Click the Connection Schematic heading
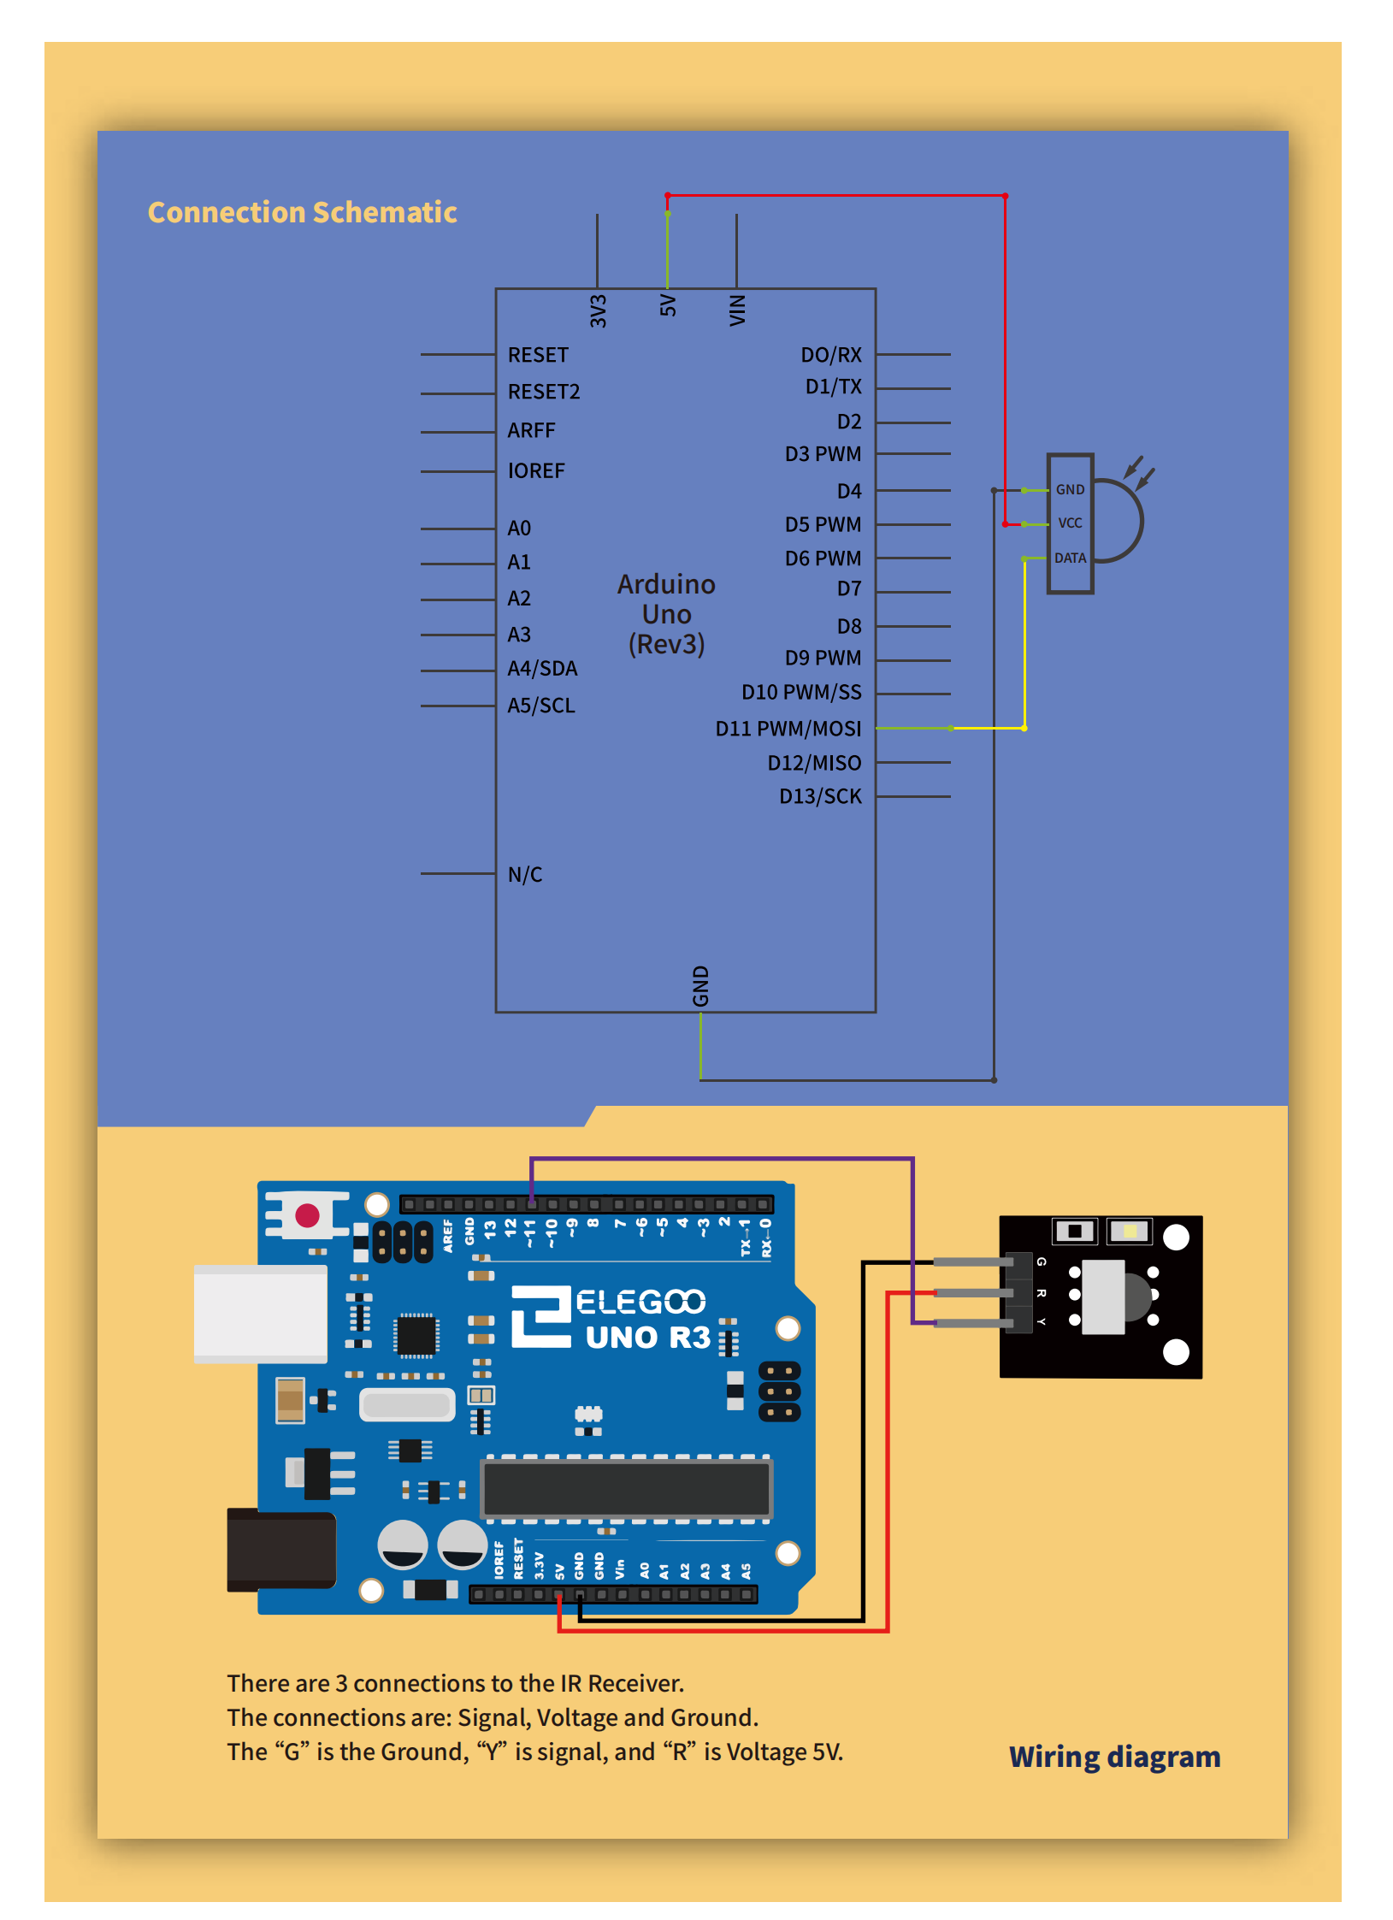pos(302,212)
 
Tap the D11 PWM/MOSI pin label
pos(788,729)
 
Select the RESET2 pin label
pos(543,392)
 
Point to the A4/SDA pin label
pos(542,668)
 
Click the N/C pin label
pos(524,874)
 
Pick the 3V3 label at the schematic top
pos(598,311)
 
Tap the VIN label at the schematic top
pos(737,310)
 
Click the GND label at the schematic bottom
pos(700,986)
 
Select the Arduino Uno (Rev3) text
pos(666,614)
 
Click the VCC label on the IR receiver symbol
pos(1070,523)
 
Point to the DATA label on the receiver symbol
pos(1070,558)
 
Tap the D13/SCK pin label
pos(819,796)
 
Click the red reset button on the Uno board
pos(307,1215)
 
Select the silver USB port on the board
pos(260,1314)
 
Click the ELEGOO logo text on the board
pos(640,1302)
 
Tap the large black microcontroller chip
pos(627,1489)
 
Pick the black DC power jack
pos(280,1550)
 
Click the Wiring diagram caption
pos(1113,1757)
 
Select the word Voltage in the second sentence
pos(577,1717)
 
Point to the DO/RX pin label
pos(830,355)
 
